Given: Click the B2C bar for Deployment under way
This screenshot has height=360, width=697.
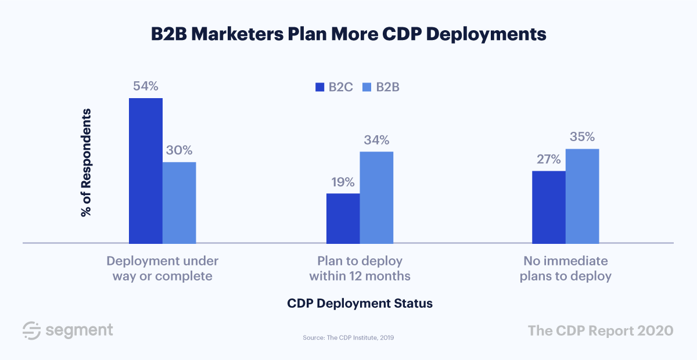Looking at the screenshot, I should point(145,170).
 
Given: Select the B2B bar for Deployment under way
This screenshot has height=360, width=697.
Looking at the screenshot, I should point(179,202).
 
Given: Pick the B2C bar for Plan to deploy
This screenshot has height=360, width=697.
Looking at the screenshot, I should point(343,218).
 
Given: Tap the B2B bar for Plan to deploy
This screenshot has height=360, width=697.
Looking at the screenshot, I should point(376,197).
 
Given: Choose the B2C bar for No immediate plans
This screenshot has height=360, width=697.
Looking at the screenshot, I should point(549,207).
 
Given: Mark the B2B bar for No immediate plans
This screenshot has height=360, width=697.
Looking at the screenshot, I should point(582,196).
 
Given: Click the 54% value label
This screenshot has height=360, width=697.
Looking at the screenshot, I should point(145,86).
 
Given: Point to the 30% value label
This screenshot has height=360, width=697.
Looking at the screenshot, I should point(179,150).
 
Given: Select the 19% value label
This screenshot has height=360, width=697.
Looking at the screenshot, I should point(343,182).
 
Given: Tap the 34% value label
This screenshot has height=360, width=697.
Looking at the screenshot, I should point(376,140).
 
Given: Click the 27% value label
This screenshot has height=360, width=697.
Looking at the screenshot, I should point(548,159).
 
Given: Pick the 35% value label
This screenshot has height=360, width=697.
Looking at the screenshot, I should point(582,137).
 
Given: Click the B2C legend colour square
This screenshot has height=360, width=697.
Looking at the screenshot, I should point(319,88).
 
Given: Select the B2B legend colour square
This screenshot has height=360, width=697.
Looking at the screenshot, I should point(367,88).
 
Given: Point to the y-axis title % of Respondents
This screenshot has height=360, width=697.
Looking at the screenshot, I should point(87,163).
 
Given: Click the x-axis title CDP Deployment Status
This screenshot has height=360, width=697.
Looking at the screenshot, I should point(360,304).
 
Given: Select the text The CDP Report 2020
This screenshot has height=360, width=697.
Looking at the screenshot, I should point(601,330).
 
